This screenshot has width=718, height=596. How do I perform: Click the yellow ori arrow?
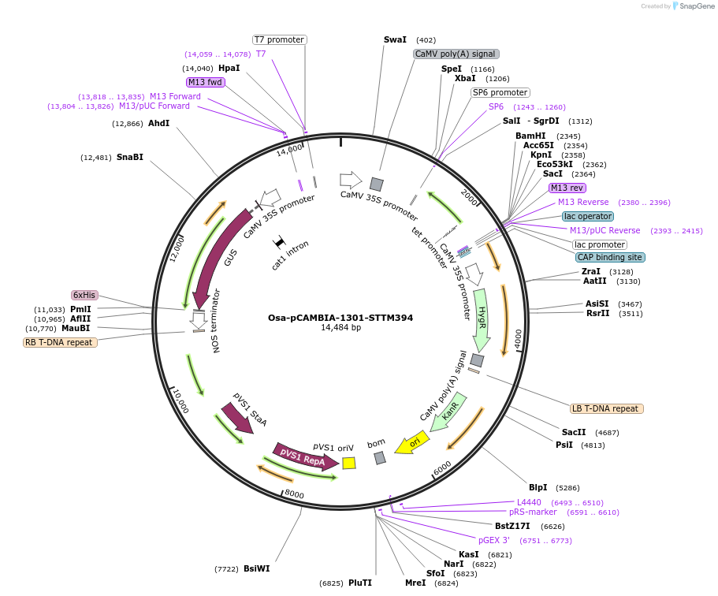411,443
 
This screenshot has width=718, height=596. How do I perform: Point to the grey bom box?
380,458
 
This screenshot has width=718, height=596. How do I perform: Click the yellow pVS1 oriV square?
348,464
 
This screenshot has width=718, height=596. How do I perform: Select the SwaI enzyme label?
395,39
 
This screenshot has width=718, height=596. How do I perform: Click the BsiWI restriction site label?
256,568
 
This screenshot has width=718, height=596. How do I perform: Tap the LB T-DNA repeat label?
607,408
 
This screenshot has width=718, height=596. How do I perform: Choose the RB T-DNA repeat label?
61,342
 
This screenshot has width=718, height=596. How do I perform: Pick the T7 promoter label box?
279,39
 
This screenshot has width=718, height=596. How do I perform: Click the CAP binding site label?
610,257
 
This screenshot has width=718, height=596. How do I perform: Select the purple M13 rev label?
567,188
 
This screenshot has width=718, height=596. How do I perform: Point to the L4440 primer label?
529,502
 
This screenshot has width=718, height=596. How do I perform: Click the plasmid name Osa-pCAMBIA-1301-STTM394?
340,318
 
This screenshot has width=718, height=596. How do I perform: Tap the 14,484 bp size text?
340,328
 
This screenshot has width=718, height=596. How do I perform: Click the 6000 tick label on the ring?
442,467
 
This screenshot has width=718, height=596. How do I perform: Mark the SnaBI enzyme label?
130,157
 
